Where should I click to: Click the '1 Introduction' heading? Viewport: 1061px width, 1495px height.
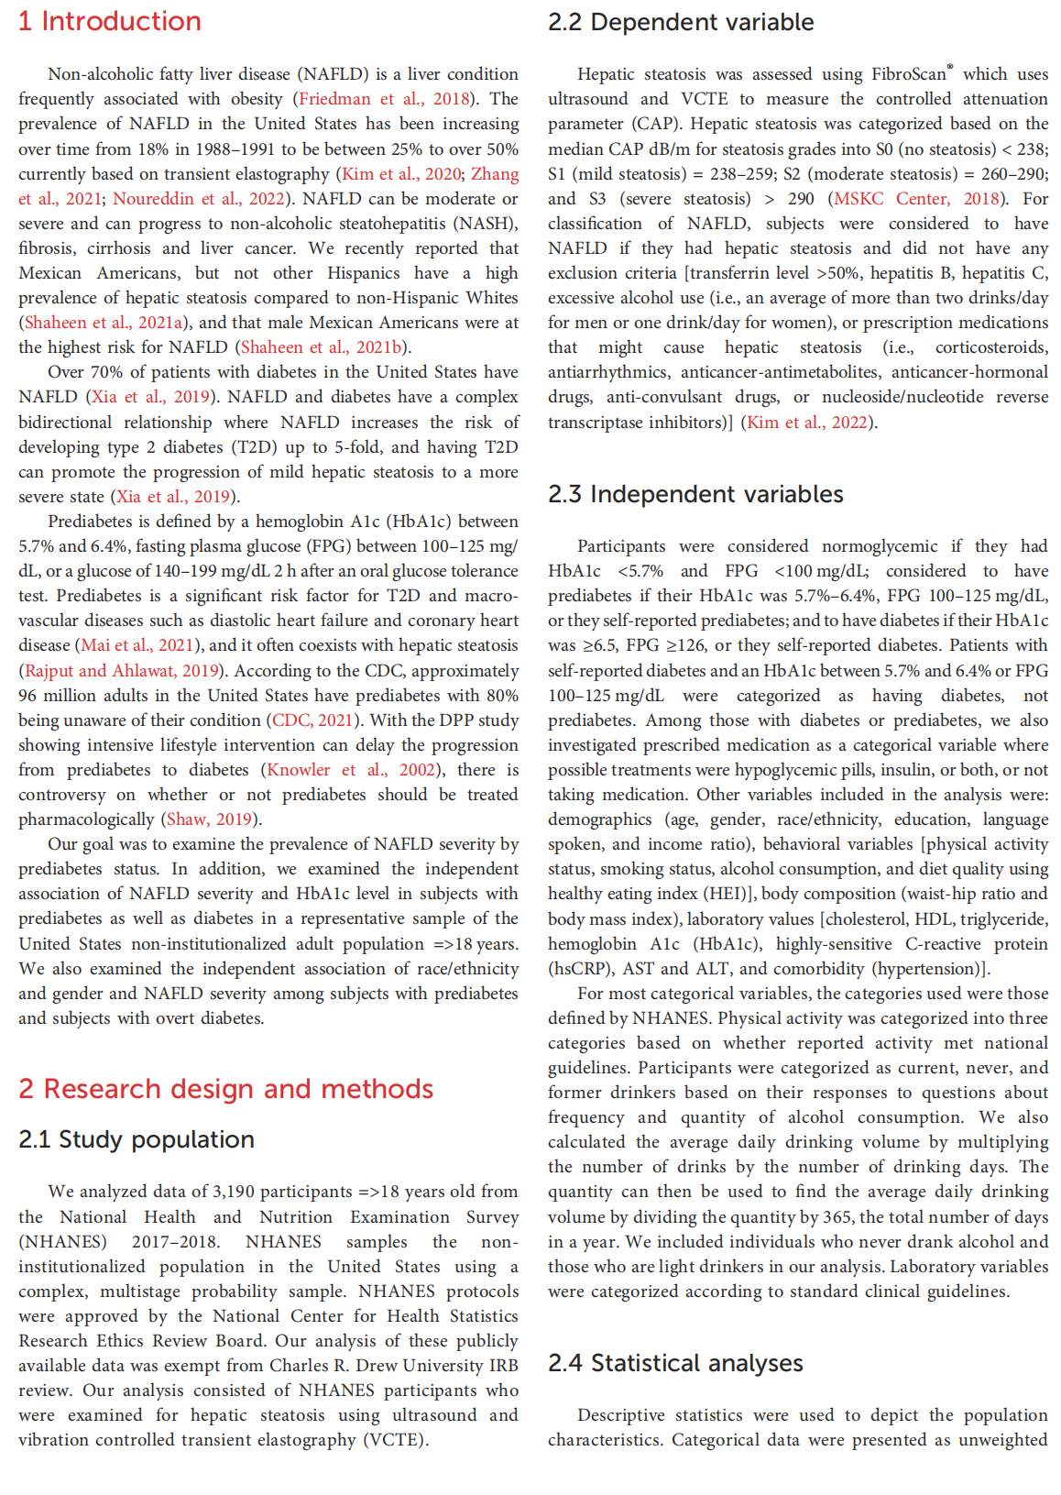click(x=110, y=21)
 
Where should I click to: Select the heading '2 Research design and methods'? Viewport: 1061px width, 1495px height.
click(x=225, y=1088)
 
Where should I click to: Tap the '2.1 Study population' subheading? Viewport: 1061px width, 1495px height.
click(x=137, y=1139)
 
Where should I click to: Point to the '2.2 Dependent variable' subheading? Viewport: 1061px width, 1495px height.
click(x=681, y=22)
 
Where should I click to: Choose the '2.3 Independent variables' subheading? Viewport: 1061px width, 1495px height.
click(x=695, y=494)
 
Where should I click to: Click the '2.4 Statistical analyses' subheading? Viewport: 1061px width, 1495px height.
click(x=675, y=1363)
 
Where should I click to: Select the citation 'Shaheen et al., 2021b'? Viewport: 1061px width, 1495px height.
click(x=322, y=347)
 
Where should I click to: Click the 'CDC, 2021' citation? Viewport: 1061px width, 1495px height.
click(x=313, y=720)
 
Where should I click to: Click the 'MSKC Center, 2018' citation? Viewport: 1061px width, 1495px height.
click(x=916, y=199)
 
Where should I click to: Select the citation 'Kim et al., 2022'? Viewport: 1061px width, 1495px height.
click(x=807, y=423)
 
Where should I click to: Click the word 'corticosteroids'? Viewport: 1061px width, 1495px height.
click(x=991, y=347)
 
